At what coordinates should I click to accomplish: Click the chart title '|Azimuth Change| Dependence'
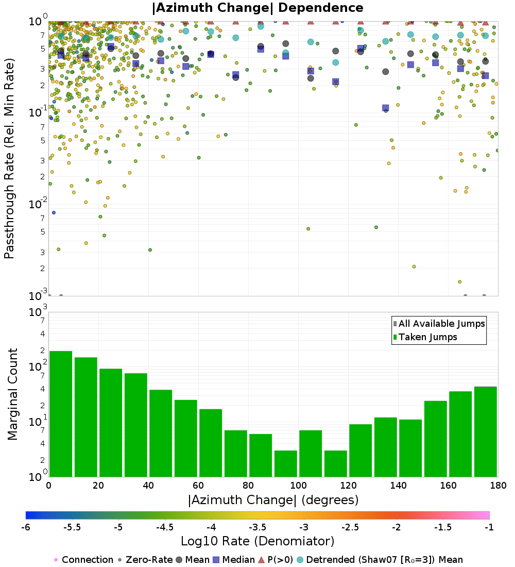click(x=257, y=8)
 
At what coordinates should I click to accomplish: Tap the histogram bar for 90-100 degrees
click(x=285, y=463)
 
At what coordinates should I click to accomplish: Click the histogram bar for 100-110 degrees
click(x=311, y=453)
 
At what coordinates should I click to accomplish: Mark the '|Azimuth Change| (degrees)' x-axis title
click(x=273, y=499)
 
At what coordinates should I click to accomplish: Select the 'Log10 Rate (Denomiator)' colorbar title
click(x=257, y=541)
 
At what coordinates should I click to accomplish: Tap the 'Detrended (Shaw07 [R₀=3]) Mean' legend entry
click(x=384, y=560)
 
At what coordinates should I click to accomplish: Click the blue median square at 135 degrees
click(x=386, y=108)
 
